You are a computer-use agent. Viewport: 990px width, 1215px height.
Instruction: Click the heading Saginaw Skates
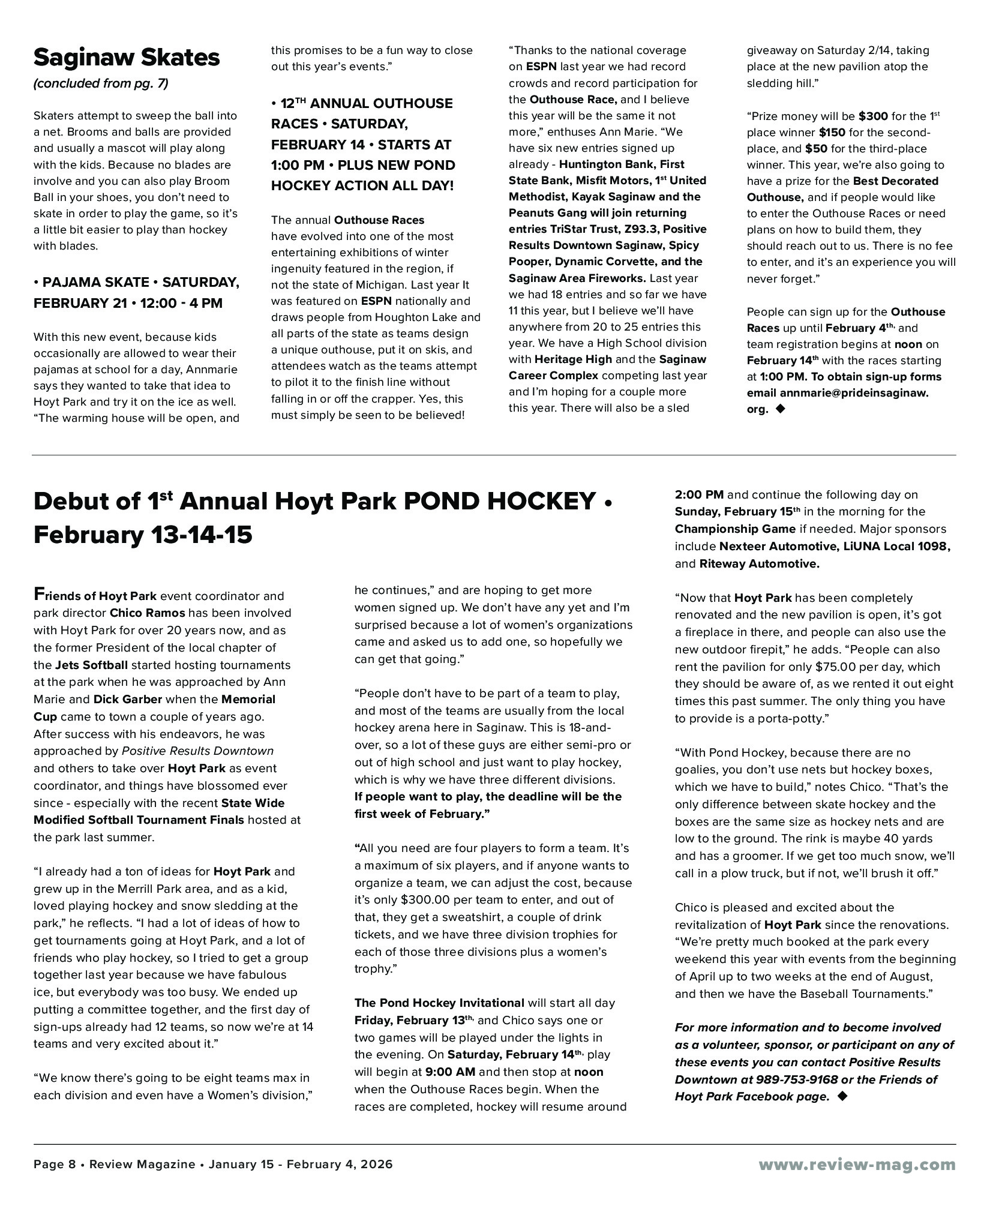click(127, 58)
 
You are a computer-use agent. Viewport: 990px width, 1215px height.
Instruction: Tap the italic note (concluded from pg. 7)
click(101, 83)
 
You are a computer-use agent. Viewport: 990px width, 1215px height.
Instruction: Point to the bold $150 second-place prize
click(832, 132)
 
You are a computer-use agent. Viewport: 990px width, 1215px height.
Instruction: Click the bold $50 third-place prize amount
click(817, 148)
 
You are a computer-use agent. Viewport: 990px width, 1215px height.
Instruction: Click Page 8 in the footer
click(55, 1165)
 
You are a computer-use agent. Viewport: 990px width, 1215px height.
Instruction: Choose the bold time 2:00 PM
click(699, 495)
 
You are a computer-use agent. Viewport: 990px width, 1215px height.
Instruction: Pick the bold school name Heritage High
click(573, 359)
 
